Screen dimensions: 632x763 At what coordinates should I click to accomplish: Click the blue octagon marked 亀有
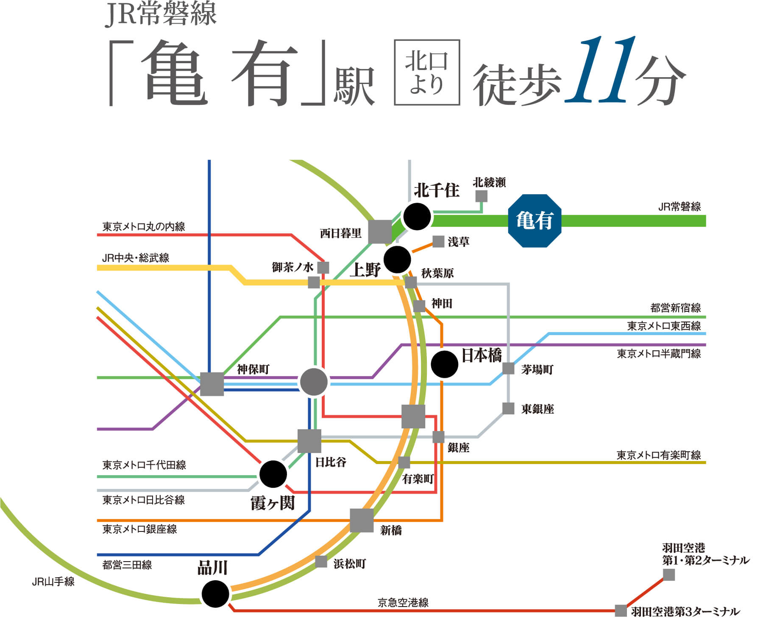pos(535,221)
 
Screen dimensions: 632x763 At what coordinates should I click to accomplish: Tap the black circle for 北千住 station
pos(417,216)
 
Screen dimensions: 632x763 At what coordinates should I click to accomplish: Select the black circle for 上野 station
pos(397,259)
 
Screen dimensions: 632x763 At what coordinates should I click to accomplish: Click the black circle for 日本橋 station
pos(444,364)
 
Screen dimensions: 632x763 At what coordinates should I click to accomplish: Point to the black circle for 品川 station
pos(215,594)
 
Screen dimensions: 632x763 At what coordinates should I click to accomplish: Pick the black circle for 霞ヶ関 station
pos(273,474)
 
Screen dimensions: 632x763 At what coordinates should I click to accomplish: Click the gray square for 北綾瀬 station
pos(481,196)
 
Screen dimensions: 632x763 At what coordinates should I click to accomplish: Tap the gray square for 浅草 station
pos(438,242)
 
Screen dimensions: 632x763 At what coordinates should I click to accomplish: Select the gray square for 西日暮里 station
pos(380,232)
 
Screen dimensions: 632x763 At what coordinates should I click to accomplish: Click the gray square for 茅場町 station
pos(508,368)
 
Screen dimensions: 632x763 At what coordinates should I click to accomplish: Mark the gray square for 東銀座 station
pos(508,408)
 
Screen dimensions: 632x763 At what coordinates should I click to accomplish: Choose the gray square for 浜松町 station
pos(321,562)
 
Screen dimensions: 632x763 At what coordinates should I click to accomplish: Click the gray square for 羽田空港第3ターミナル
pos(621,611)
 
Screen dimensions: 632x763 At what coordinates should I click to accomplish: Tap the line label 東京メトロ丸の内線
pos(144,227)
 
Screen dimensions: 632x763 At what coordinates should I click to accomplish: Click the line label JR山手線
pos(53,582)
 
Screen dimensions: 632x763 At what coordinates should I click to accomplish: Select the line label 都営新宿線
pos(675,308)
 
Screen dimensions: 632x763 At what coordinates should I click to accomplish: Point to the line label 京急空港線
pos(403,602)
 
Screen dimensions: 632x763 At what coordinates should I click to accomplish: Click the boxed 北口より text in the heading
pos(427,72)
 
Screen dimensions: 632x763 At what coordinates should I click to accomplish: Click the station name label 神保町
pos(253,369)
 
